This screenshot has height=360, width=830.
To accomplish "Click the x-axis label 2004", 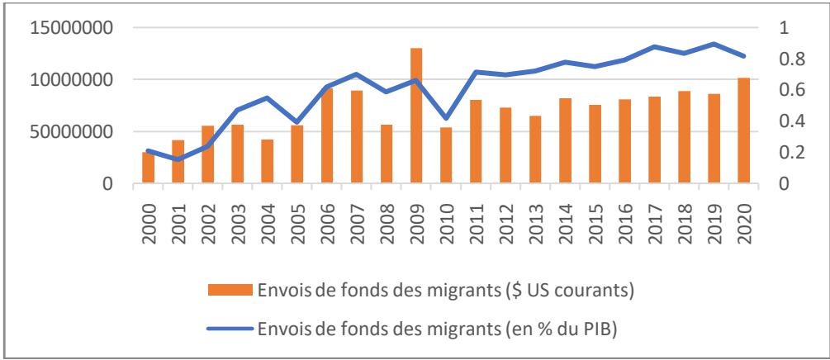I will (x=268, y=216).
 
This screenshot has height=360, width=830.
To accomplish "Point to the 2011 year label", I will (x=476, y=216).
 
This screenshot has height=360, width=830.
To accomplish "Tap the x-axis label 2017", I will (x=654, y=216).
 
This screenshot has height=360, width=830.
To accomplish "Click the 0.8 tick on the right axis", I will (x=781, y=59).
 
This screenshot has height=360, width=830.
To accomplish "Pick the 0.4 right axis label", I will (x=781, y=121).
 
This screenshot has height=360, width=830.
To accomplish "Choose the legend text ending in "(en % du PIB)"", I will (x=439, y=329).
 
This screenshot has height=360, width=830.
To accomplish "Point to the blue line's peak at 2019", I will (x=714, y=44).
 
